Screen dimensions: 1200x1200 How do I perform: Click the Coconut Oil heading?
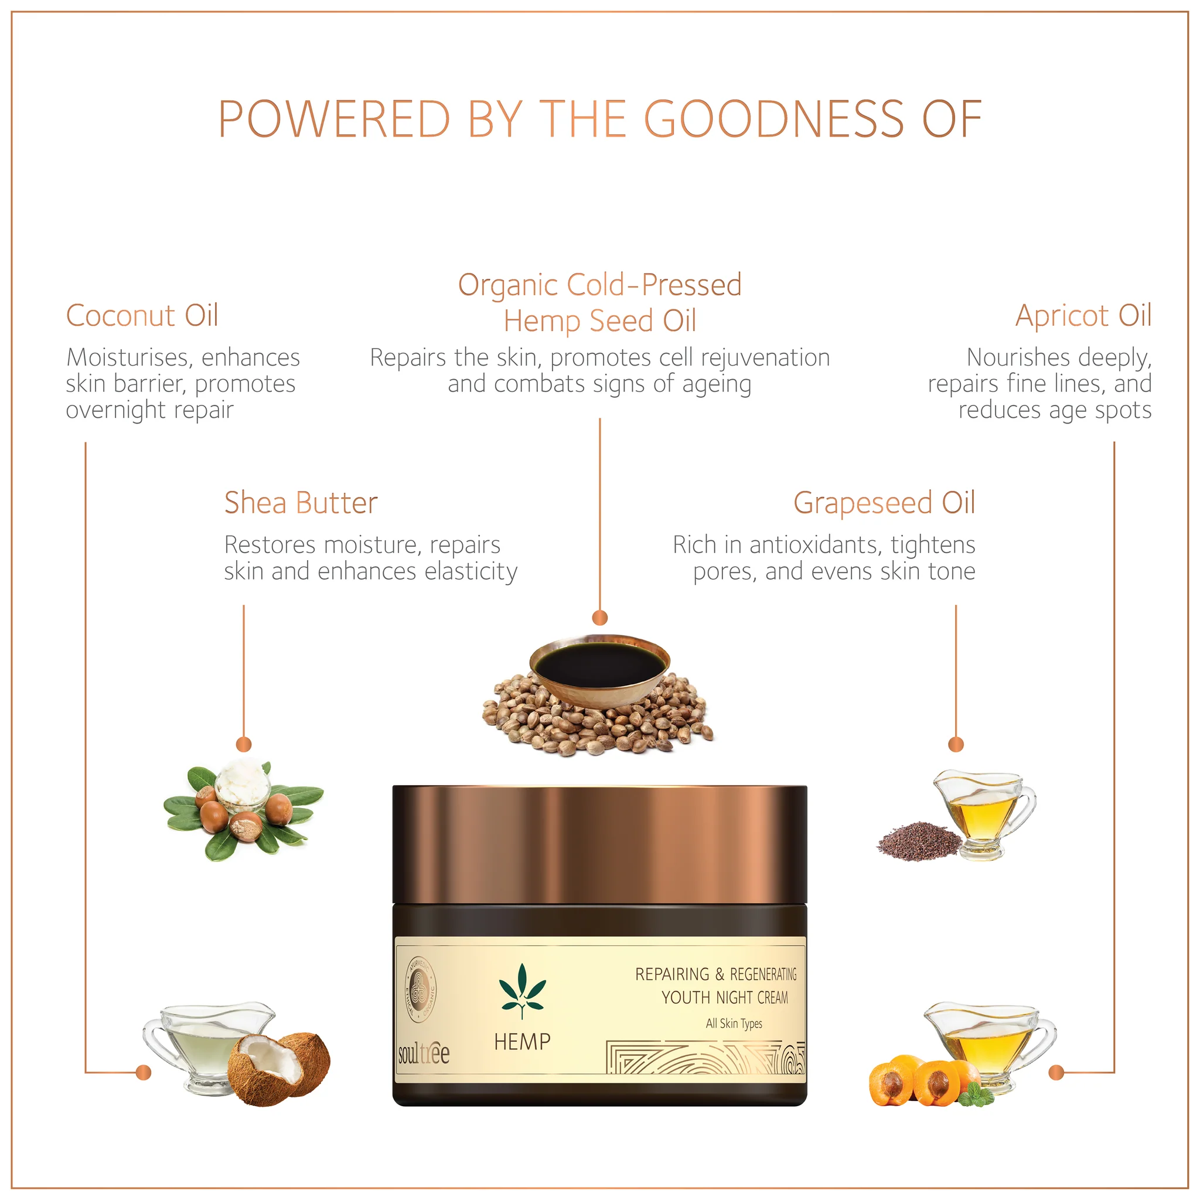pos(142,316)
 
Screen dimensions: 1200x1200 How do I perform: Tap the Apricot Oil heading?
pos(1083,316)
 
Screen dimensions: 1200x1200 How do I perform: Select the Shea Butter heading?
pos(301,503)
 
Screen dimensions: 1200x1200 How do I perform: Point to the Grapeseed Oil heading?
pos(884,503)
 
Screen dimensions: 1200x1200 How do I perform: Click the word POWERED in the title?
pos(334,120)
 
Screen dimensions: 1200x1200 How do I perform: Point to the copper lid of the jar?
pos(600,844)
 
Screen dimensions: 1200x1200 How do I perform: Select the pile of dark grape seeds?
pos(920,842)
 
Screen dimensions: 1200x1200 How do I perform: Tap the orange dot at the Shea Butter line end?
pos(244,744)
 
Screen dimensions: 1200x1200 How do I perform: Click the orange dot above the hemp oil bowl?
pos(600,618)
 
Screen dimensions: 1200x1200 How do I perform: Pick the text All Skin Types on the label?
pos(734,1023)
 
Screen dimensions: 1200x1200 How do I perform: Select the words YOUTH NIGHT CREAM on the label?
pos(725,997)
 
